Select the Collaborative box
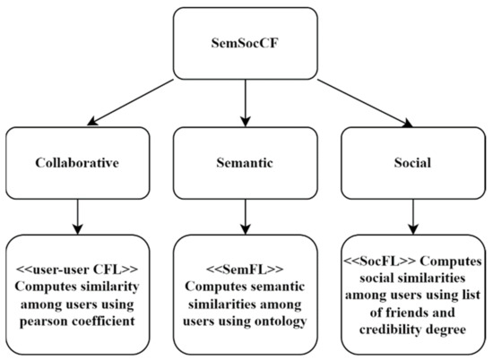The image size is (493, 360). (x=80, y=165)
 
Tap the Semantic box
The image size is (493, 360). (x=244, y=165)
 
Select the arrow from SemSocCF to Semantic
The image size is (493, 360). (x=245, y=103)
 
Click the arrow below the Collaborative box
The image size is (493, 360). (x=80, y=214)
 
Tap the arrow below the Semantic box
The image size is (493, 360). (x=244, y=214)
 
